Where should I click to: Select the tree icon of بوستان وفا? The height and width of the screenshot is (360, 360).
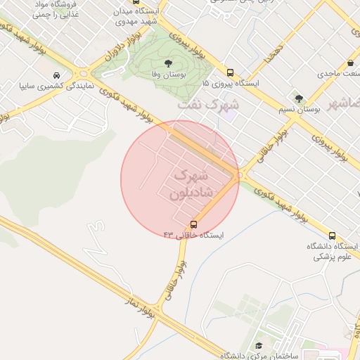pos(167,63)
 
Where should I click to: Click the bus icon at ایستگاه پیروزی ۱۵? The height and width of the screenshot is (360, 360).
pos(230,72)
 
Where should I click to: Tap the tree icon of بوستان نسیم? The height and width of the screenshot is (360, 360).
pos(300,98)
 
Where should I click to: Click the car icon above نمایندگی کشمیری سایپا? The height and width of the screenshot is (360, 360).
pos(56,75)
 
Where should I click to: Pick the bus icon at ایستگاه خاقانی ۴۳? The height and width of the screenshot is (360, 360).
pos(194,225)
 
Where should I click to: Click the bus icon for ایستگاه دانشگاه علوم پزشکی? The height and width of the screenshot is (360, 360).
pos(332,236)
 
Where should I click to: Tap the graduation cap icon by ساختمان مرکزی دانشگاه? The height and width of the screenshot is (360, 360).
pos(257,346)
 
